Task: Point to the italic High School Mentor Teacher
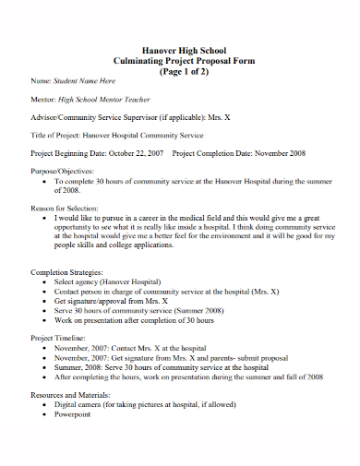click(103, 99)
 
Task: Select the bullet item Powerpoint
click(73, 413)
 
